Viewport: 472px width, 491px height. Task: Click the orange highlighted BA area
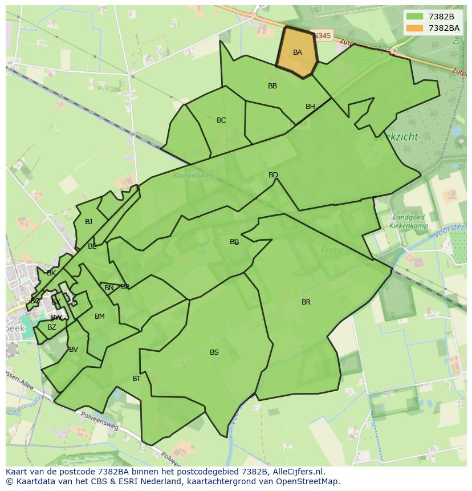coord(297,52)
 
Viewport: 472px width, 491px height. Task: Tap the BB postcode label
coord(272,86)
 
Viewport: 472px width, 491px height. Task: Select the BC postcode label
coord(221,120)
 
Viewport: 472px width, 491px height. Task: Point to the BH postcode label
coord(310,107)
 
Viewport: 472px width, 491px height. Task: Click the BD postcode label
coord(273,175)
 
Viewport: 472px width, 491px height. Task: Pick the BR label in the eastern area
coord(306,302)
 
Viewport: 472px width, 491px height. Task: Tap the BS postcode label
coord(214,352)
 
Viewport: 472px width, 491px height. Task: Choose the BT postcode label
coord(136,379)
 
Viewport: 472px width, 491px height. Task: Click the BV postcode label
coord(74,350)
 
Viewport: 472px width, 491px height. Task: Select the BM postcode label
coord(100,316)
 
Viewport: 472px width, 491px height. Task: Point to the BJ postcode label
coord(88,222)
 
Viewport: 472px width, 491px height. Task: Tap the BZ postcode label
coord(52,327)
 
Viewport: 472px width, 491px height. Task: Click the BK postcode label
coord(51,273)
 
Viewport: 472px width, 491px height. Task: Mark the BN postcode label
coord(109,288)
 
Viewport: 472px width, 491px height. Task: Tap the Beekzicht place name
coord(396,136)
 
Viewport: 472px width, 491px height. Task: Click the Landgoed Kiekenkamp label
coord(408,221)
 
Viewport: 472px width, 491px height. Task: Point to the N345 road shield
coord(322,36)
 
